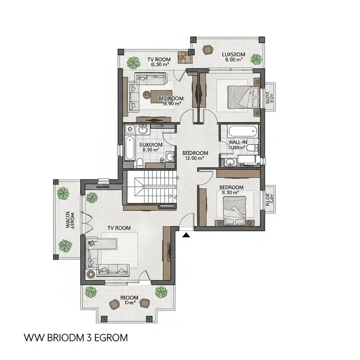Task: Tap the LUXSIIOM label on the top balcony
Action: [234, 54]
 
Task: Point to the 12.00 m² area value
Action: [194, 158]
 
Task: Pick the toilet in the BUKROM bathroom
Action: [140, 162]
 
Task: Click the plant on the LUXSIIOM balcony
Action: [256, 58]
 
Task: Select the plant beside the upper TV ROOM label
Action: [133, 62]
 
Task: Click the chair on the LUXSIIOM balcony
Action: [207, 50]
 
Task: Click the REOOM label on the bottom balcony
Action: [129, 298]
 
